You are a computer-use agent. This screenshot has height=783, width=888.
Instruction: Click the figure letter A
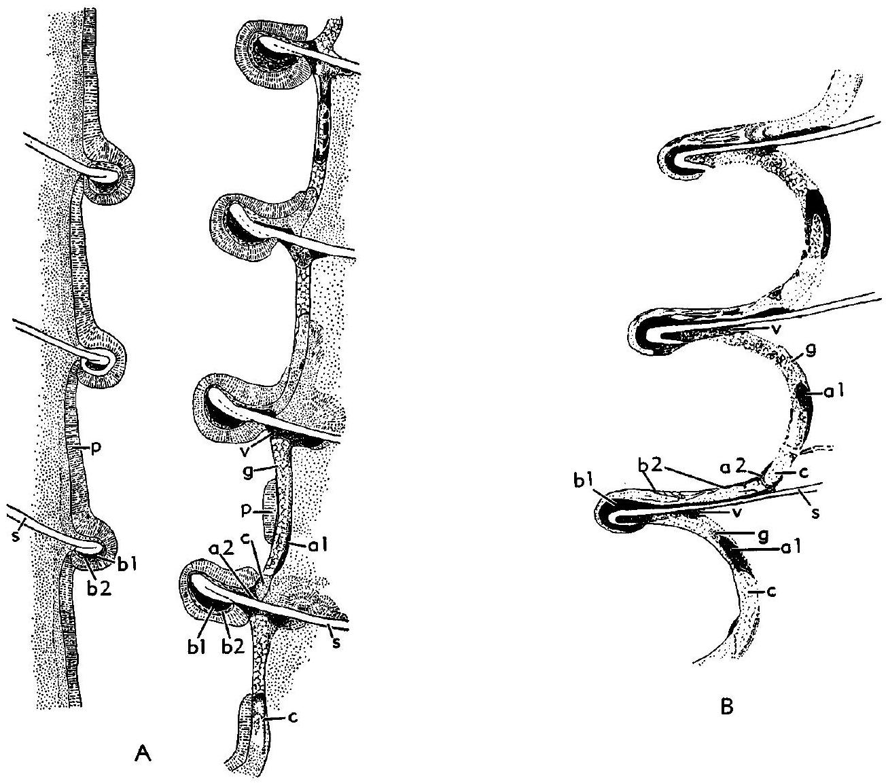pyautogui.click(x=140, y=752)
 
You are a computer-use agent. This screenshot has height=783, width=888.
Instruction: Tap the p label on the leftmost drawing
pyautogui.click(x=79, y=447)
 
